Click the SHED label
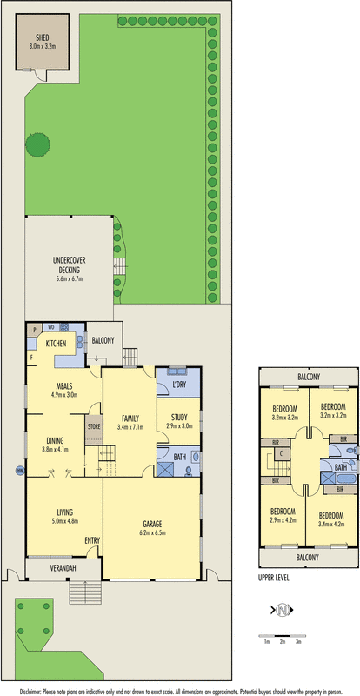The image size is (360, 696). coord(41,38)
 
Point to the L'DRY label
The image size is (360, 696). coord(179,385)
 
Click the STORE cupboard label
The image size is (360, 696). coord(93,427)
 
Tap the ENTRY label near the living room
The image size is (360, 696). coord(92,540)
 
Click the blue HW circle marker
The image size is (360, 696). coord(19,472)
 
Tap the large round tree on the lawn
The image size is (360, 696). coord(38,144)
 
